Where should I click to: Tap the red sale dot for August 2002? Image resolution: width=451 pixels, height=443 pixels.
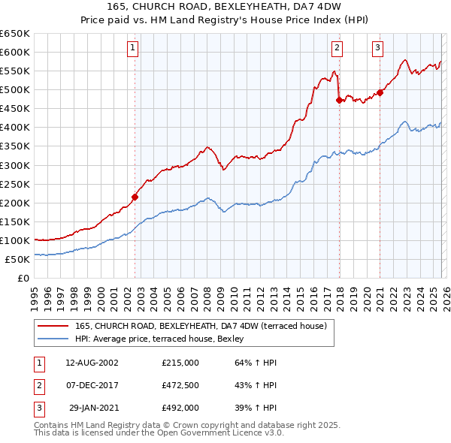click(x=135, y=197)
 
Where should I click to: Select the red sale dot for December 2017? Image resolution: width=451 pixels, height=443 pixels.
click(x=340, y=99)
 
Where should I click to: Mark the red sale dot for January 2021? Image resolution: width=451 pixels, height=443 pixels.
click(x=380, y=92)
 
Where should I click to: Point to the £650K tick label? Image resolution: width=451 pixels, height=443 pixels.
click(x=15, y=34)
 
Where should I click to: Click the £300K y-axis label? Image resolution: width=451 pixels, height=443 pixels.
click(x=15, y=165)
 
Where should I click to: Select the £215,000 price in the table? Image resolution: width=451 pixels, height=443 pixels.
click(x=180, y=363)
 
